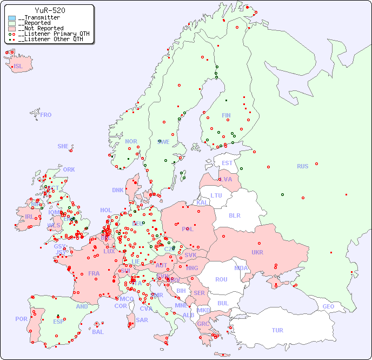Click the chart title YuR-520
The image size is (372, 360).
[50, 10]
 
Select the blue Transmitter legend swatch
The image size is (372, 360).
[12, 18]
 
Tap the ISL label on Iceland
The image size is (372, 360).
[18, 67]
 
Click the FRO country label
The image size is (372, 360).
[46, 115]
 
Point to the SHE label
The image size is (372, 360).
[63, 146]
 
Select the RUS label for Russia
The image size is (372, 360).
[302, 166]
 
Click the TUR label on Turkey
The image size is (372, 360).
[277, 330]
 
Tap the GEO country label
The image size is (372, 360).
[328, 307]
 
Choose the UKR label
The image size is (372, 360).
[257, 252]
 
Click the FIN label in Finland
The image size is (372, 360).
[226, 115]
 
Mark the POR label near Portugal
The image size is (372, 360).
[21, 319]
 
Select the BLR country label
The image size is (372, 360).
[234, 215]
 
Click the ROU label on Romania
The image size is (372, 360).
[221, 279]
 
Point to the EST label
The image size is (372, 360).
[227, 163]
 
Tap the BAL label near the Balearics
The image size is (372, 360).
[98, 332]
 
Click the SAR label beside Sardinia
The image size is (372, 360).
[142, 320]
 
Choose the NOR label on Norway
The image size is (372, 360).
[131, 141]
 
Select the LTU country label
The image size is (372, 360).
[216, 195]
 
